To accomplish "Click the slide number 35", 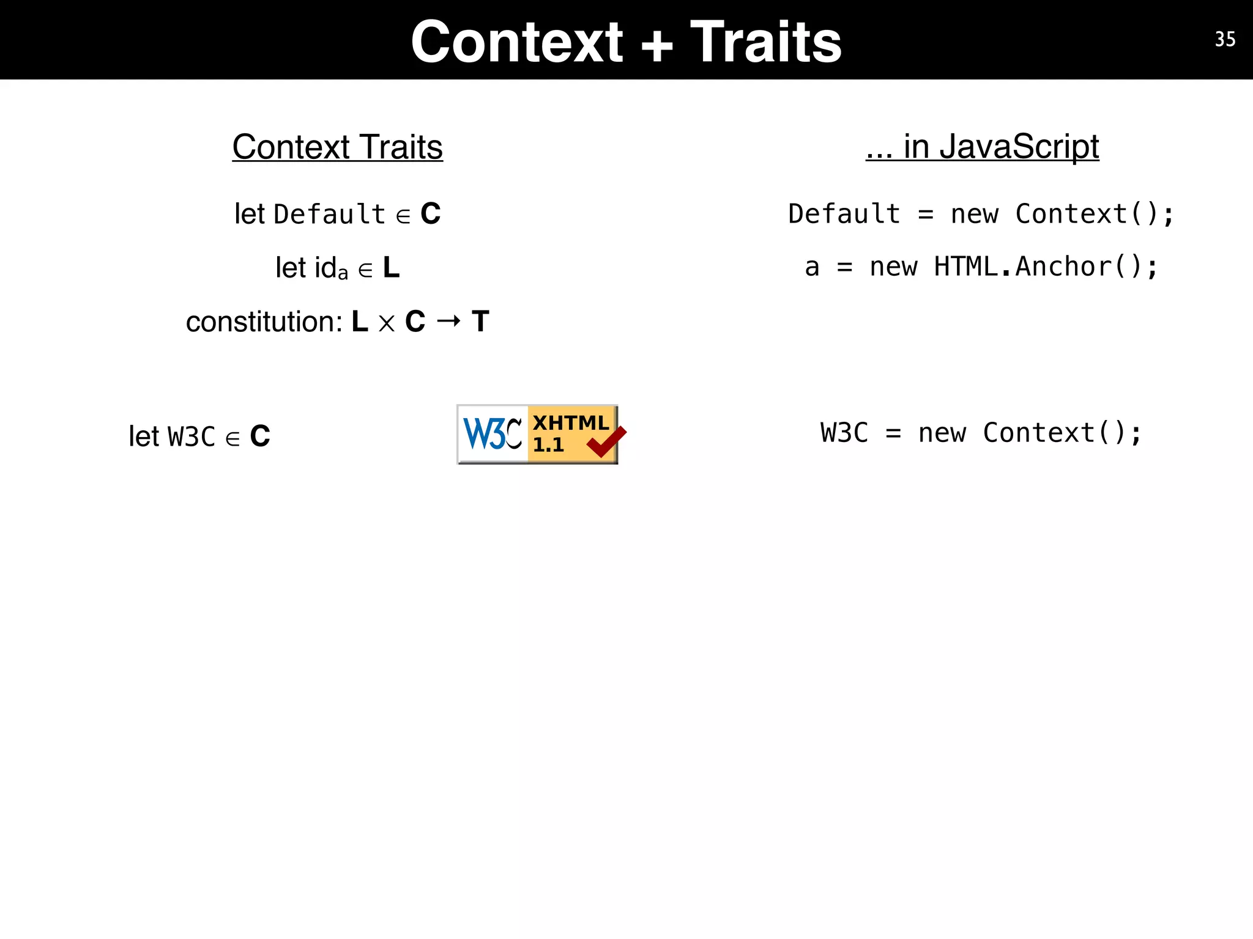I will point(1225,40).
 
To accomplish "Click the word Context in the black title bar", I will point(517,42).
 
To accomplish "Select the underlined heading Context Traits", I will point(337,147).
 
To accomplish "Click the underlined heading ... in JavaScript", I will point(982,147).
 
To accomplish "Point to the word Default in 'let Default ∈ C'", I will point(329,215).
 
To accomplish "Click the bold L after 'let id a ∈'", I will point(391,268).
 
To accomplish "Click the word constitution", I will point(263,322).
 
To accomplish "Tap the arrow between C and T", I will point(448,320).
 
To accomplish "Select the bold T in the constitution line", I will point(480,322).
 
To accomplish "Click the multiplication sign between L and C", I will point(386,323).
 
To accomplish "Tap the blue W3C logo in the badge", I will point(493,433).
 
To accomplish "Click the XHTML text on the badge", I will point(570,422).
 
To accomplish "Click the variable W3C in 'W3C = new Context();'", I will point(844,433).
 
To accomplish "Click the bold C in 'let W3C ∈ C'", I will point(260,436).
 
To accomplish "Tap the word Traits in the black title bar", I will point(766,42).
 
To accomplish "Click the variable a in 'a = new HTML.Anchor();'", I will point(812,268).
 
